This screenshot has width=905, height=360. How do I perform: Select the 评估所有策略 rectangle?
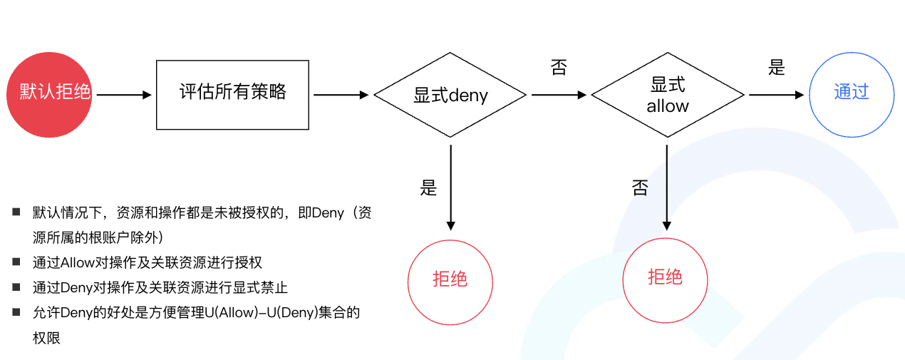coord(232,94)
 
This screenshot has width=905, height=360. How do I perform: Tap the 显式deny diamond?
coord(450,95)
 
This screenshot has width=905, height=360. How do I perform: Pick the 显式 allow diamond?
coord(668,95)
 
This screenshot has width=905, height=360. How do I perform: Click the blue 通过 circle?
coord(852,93)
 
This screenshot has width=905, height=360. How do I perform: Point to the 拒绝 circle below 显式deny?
coord(450,278)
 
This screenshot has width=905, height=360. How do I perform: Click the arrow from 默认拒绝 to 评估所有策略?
coord(124,94)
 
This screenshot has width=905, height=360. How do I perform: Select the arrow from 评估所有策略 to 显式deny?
coord(341,94)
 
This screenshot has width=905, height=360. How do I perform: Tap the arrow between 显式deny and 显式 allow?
coord(559,94)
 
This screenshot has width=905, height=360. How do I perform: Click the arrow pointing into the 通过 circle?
coord(776,94)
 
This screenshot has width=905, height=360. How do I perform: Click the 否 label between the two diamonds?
coord(559,68)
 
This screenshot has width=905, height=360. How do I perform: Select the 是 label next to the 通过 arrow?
coord(777,68)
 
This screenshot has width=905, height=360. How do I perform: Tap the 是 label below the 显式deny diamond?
coord(428,187)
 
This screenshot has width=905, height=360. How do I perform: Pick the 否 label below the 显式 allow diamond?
coord(640,187)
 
